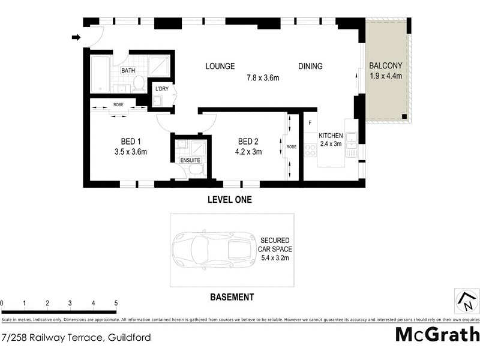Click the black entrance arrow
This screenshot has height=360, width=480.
click(x=76, y=37)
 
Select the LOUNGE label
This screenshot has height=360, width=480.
click(x=220, y=66)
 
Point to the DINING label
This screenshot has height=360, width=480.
click(x=310, y=66)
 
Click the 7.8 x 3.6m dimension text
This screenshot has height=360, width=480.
click(x=263, y=77)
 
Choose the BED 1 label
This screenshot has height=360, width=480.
click(x=130, y=141)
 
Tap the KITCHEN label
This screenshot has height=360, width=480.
click(x=331, y=135)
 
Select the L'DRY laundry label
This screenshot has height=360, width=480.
click(x=161, y=89)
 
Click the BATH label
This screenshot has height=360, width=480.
click(x=128, y=71)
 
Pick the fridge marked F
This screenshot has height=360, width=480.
click(x=310, y=123)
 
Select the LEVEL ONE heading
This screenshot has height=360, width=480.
click(x=230, y=200)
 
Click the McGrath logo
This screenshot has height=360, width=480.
click(x=437, y=335)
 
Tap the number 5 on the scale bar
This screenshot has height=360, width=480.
click(x=116, y=304)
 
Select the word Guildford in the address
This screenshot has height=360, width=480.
click(x=129, y=337)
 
